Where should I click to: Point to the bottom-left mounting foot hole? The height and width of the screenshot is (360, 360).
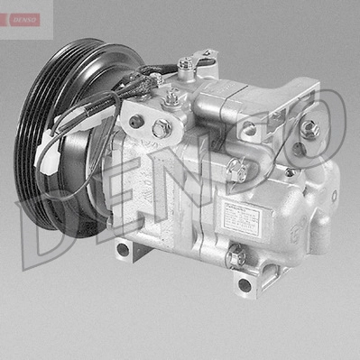click(x=133, y=245)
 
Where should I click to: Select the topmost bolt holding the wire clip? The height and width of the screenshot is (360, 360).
click(x=187, y=63)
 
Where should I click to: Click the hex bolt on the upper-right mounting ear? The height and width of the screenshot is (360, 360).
click(x=314, y=129)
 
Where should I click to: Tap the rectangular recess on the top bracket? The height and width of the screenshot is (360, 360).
click(x=242, y=90)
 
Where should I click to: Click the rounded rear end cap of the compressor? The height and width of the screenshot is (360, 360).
click(x=320, y=208)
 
